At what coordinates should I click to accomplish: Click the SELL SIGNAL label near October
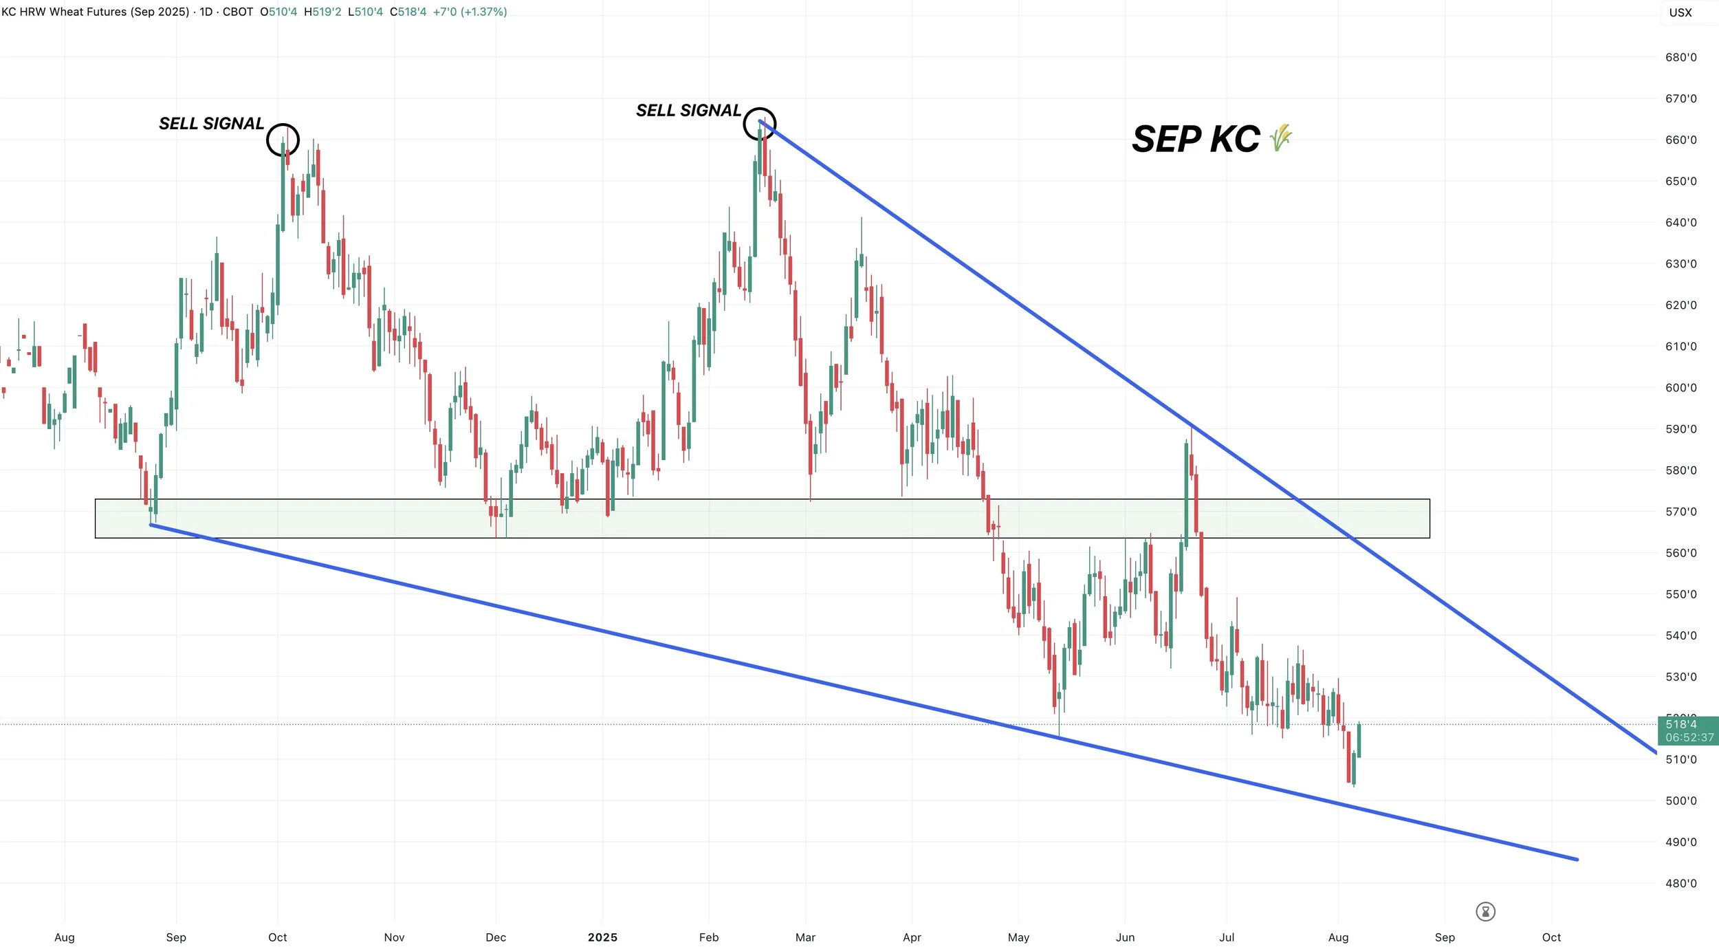click(211, 124)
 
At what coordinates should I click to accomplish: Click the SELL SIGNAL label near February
click(688, 111)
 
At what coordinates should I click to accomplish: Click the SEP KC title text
click(1196, 140)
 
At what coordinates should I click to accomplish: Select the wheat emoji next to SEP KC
click(1281, 138)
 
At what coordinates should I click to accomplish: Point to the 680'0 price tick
click(1680, 58)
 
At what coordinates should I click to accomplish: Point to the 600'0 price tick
click(1680, 388)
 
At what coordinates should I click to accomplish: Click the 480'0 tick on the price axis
click(1680, 884)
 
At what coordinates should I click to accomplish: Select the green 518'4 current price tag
click(1689, 730)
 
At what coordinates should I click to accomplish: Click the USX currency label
click(1680, 12)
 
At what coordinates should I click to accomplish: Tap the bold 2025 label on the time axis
click(602, 937)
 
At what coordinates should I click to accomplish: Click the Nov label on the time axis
click(394, 937)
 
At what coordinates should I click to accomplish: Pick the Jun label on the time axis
click(1125, 937)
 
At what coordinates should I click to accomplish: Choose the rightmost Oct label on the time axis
click(1551, 937)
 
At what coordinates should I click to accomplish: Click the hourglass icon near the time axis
click(1485, 912)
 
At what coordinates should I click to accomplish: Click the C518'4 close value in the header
click(408, 12)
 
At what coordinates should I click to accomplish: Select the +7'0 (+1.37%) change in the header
click(470, 12)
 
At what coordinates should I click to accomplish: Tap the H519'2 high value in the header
click(322, 12)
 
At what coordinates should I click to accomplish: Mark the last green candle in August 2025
click(1359, 741)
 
